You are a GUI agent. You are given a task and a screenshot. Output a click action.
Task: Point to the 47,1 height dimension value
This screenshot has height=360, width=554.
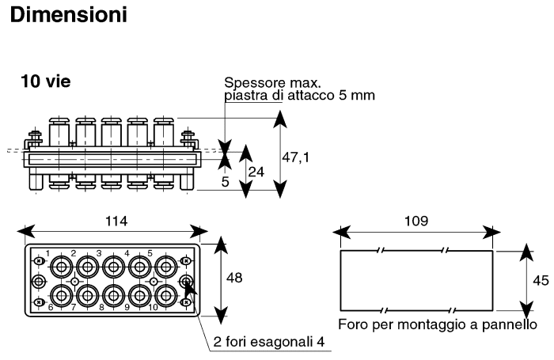[x=296, y=157]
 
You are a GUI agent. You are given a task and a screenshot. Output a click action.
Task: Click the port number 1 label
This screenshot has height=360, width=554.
[x=47, y=254]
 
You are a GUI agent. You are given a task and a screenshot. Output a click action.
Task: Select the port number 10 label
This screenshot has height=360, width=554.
[x=153, y=306]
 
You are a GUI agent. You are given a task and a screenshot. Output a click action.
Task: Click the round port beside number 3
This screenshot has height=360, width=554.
[x=112, y=267]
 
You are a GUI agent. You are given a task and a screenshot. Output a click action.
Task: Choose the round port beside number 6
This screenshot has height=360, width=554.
[x=60, y=295]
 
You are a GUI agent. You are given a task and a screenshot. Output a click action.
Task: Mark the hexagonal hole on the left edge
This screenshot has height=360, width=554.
[x=36, y=281]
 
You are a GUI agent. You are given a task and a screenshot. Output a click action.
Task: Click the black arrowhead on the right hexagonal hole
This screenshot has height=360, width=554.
[x=188, y=290]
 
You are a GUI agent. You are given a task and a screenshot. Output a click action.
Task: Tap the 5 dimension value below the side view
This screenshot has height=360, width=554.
[x=226, y=181]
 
